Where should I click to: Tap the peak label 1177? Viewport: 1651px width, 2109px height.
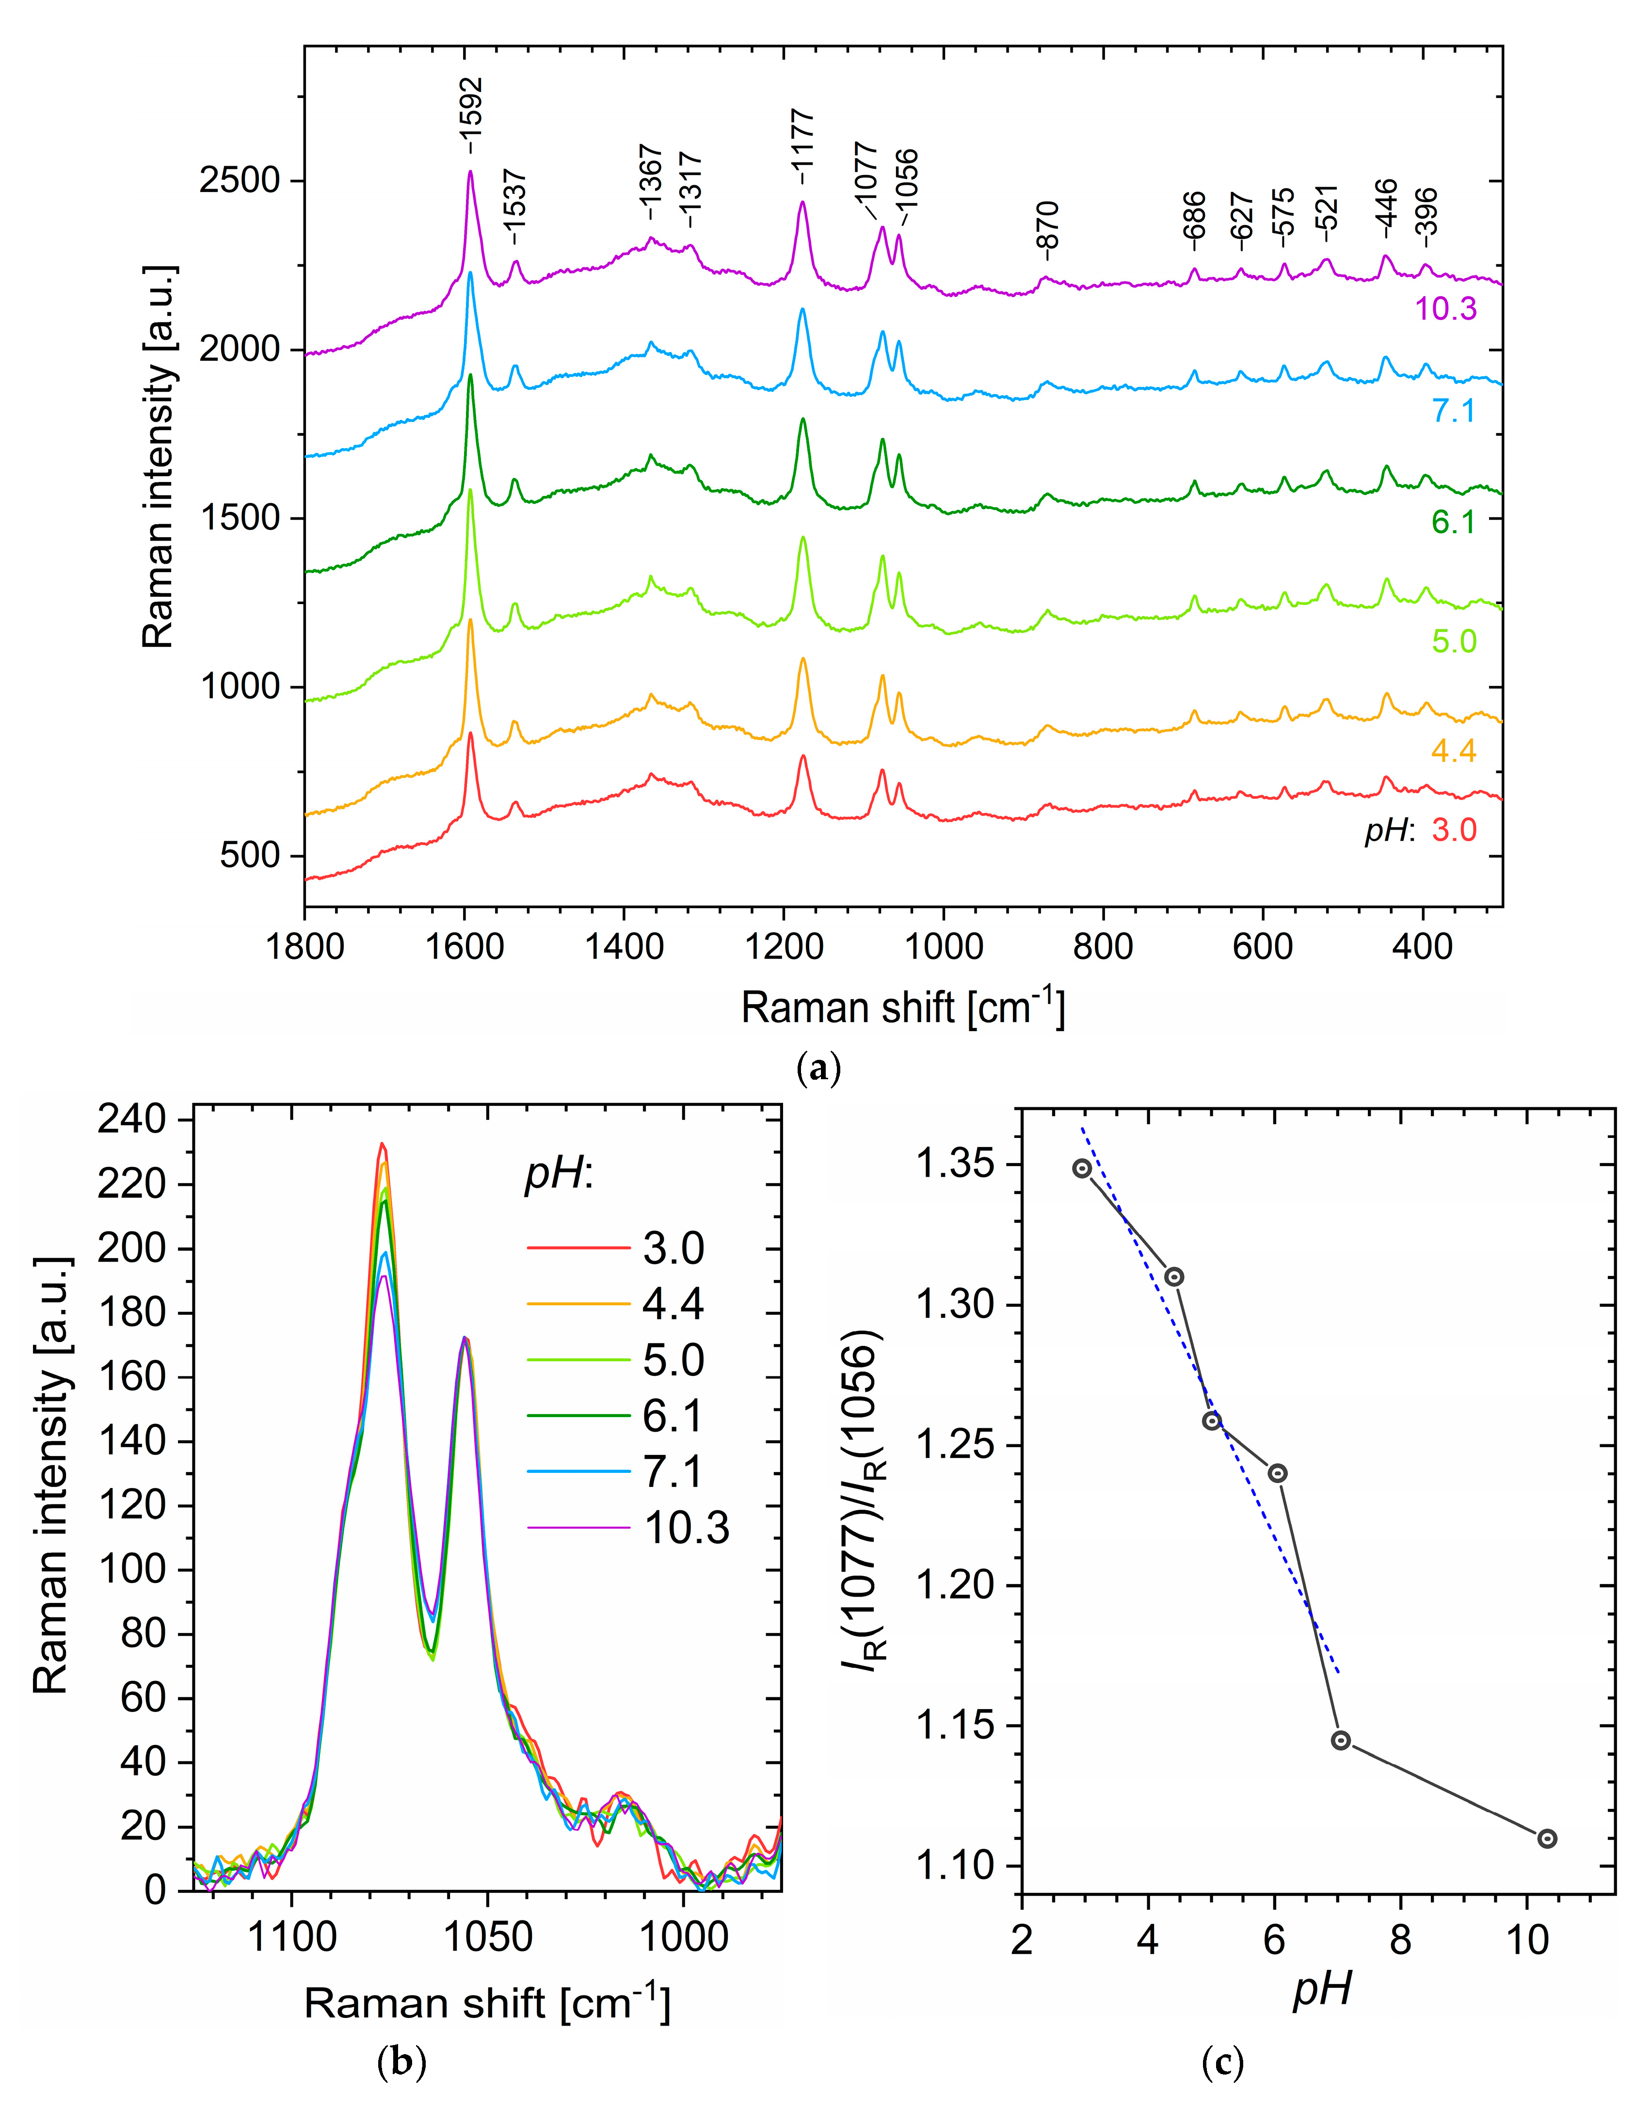[x=803, y=147]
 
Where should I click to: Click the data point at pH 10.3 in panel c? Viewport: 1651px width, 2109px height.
[x=1547, y=1838]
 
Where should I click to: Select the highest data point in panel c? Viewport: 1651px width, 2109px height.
[x=1082, y=1168]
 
